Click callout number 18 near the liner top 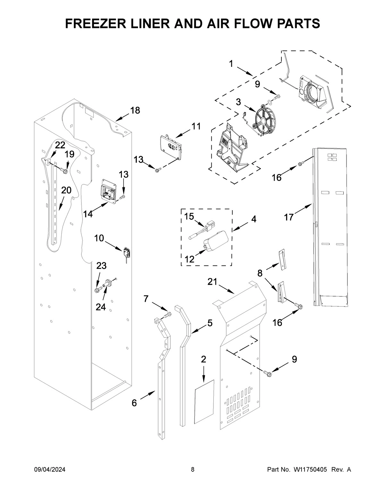135,111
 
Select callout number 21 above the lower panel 212,282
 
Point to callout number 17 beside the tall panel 288,218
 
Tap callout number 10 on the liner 99,238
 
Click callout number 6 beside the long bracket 134,403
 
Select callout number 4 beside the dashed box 253,219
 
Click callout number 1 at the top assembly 231,64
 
